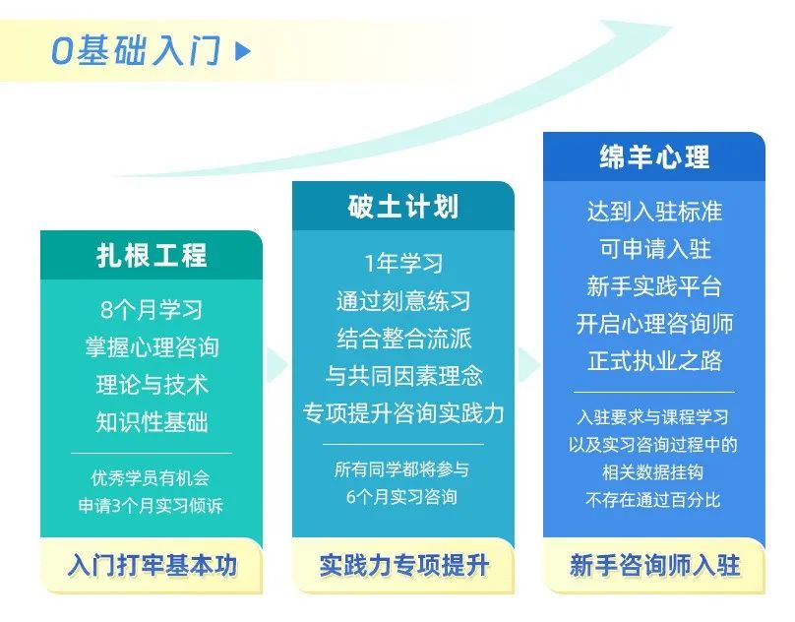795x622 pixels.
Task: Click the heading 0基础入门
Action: coord(136,51)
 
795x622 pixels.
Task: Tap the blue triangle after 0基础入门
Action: coord(243,51)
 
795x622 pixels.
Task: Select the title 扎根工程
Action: coord(152,255)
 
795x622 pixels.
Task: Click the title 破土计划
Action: coord(403,207)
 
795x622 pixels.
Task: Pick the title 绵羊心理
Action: coord(654,156)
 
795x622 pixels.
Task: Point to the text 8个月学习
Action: coord(152,310)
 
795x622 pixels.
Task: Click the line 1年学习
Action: coord(403,264)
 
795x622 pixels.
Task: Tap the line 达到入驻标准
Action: coord(654,212)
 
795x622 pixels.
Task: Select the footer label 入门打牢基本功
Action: coord(152,565)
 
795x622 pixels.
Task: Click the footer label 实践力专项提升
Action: coord(403,565)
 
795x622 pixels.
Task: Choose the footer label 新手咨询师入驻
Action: coord(654,565)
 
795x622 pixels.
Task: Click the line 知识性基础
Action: coord(152,422)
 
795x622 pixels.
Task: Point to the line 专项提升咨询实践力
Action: coord(403,413)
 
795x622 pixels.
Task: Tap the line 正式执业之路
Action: coord(654,361)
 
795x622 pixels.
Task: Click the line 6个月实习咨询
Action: coord(402,497)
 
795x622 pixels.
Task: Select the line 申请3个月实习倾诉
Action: coord(151,505)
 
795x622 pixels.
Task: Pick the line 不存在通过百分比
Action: coord(653,500)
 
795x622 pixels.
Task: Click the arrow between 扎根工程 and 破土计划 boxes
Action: coord(276,364)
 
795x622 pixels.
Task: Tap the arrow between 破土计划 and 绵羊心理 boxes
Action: coord(528,364)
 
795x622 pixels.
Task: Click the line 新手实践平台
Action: coord(654,286)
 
